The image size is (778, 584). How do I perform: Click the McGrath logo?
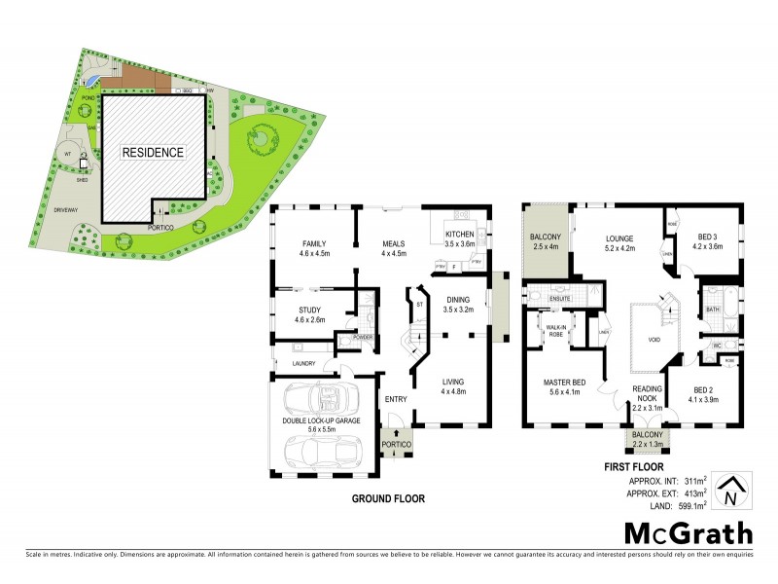[688, 532]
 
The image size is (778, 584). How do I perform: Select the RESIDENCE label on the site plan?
[152, 153]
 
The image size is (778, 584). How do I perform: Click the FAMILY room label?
[313, 243]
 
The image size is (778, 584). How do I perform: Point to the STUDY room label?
[310, 310]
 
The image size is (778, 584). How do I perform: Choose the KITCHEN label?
[459, 236]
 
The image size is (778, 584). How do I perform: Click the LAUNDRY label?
[305, 365]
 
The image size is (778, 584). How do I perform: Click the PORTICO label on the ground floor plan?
[397, 444]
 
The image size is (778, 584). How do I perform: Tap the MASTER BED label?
[563, 383]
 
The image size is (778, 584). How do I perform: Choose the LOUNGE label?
[619, 237]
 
